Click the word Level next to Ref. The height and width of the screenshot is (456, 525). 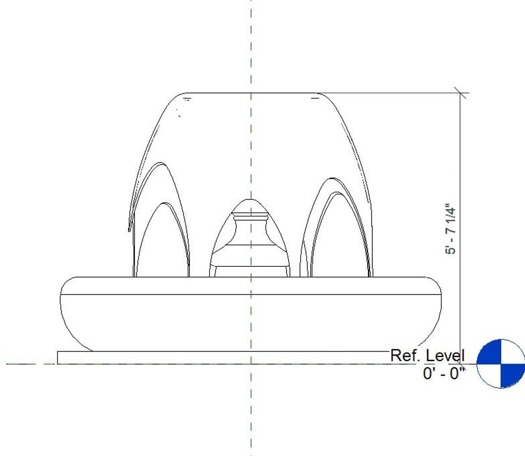click(x=445, y=356)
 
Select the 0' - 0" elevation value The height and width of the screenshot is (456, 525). click(x=443, y=373)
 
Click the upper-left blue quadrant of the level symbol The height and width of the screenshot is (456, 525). click(x=489, y=351)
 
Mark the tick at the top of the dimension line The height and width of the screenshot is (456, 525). click(x=461, y=93)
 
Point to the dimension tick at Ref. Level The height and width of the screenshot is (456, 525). click(x=461, y=363)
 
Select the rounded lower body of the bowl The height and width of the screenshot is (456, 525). click(x=251, y=323)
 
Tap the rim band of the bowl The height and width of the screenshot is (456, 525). click(x=251, y=286)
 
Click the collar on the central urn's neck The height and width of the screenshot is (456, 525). click(x=250, y=217)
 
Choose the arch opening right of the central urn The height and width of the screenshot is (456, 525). click(x=338, y=241)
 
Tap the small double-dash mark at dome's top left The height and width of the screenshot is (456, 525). click(x=187, y=99)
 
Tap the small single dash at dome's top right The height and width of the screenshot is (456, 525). click(x=315, y=98)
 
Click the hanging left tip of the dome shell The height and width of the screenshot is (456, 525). click(x=129, y=229)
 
